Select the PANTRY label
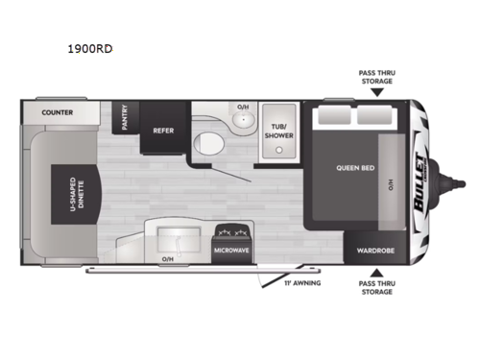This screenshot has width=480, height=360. click(x=123, y=117)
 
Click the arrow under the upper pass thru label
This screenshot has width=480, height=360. click(x=374, y=94)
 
